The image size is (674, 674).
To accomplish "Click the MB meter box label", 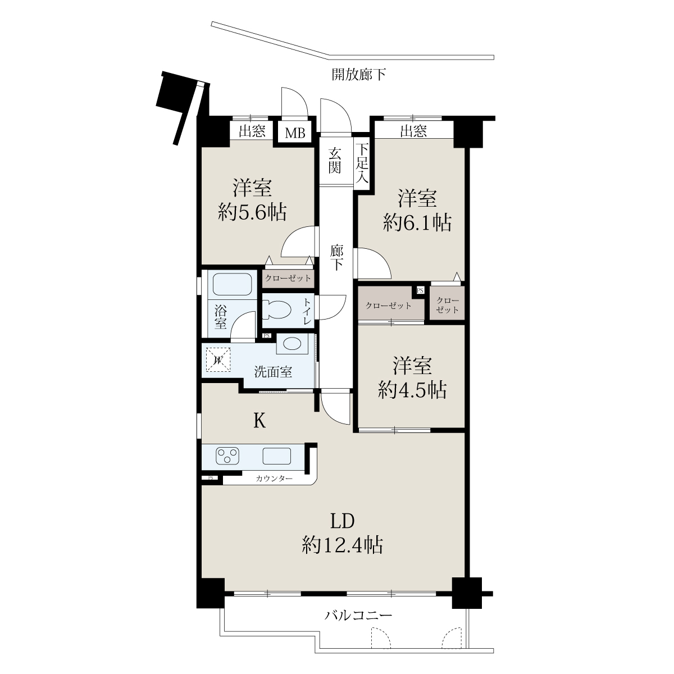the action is (295, 133).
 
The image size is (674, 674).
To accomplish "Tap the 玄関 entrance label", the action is (335, 161).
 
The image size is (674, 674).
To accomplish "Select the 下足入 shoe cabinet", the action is (362, 163).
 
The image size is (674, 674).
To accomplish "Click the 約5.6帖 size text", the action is (252, 212).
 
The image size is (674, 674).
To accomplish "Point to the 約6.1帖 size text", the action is (417, 222).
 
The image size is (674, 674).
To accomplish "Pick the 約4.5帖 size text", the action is (412, 390).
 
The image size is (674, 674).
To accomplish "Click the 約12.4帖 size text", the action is (343, 545).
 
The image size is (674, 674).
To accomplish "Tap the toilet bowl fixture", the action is (277, 310).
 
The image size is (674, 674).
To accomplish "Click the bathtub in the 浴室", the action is (232, 284).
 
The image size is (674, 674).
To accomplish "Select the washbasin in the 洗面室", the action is (292, 344).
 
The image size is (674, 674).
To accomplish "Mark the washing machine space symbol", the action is (218, 360).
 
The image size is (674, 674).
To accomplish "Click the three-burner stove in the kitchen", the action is (227, 456).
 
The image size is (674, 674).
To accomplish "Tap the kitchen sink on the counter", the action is (277, 456).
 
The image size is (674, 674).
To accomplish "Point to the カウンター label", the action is (274, 479).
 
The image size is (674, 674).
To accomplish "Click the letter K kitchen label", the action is (259, 421).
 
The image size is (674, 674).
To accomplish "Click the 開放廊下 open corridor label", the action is (359, 74).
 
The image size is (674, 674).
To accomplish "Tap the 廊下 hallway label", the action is (336, 258).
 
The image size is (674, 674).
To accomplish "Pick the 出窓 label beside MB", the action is (252, 131).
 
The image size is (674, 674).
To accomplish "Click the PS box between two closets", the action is (420, 290).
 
